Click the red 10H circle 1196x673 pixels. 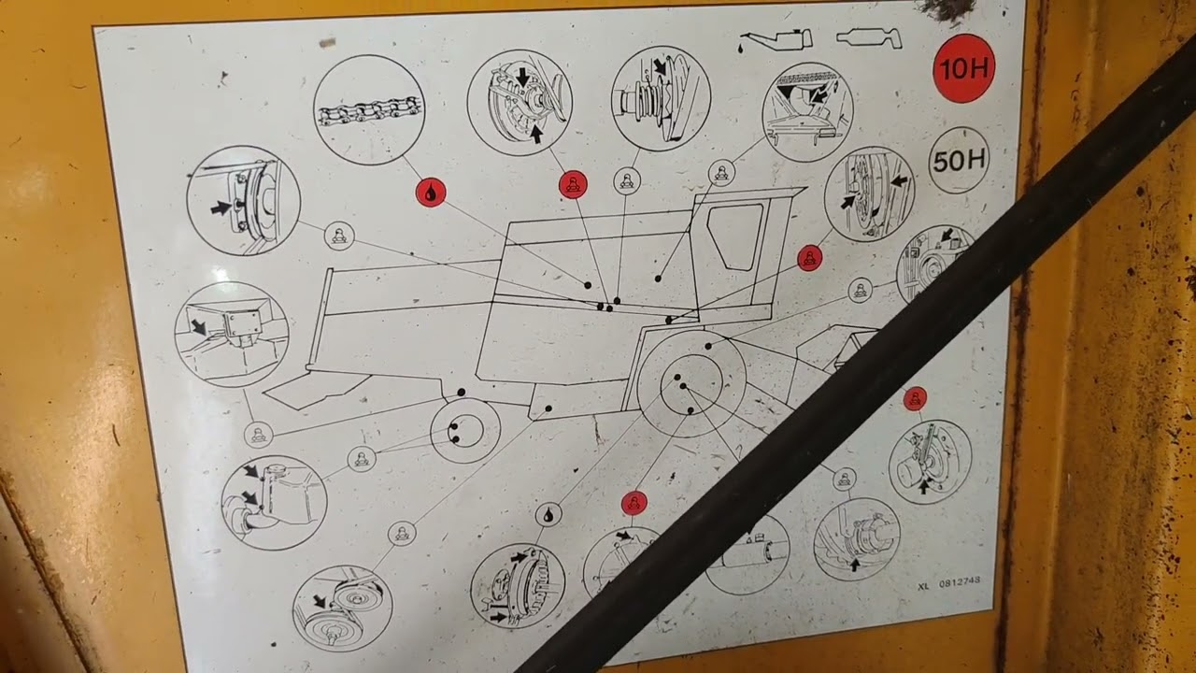coord(963,68)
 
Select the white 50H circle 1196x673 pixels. coord(959,160)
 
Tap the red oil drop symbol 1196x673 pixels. coord(431,193)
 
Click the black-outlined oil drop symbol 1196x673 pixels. coord(548,515)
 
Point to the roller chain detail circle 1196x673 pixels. coord(369,110)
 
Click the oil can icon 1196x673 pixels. coord(776,39)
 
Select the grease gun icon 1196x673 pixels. coord(869,38)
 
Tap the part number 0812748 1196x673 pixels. coord(960,582)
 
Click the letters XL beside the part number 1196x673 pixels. coord(924,586)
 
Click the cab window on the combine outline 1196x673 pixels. coord(735,236)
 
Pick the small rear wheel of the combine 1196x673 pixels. coord(465,431)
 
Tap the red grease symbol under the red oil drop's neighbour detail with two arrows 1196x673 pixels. coord(573,185)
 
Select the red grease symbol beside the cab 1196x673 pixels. coord(809,259)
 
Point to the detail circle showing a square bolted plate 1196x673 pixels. coord(232,335)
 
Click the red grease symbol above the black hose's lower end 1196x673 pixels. coord(634,503)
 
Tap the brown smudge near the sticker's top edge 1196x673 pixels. coord(327,42)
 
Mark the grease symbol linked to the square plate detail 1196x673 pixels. coord(259,435)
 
